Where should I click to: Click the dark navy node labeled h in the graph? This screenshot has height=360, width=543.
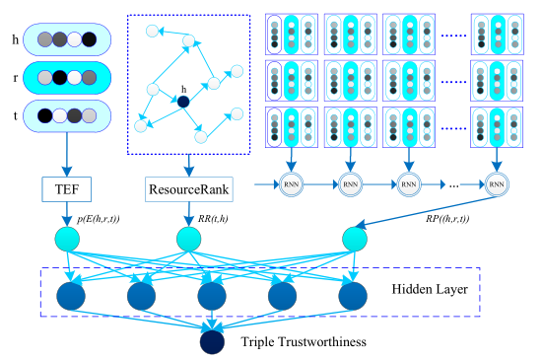(x=183, y=100)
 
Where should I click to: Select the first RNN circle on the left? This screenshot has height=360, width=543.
(x=293, y=182)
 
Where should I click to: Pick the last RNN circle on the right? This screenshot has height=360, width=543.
(x=498, y=182)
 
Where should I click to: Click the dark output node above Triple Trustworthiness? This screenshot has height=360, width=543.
(x=211, y=341)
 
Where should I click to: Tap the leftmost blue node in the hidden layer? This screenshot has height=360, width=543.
(x=70, y=297)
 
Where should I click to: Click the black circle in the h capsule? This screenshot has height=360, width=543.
(x=91, y=40)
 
